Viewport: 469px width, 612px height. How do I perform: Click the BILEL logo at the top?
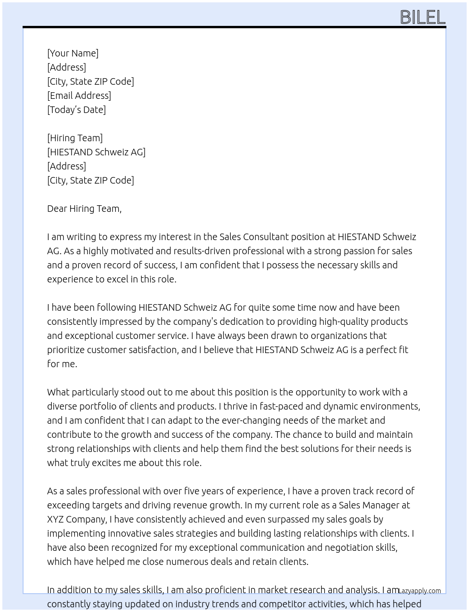[x=422, y=17]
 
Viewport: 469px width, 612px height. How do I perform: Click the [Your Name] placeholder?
[x=73, y=53]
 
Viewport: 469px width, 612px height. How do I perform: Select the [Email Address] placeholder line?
[x=79, y=96]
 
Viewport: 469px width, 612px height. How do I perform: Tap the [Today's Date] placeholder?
[x=76, y=110]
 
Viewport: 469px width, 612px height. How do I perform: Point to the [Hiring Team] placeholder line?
[x=75, y=138]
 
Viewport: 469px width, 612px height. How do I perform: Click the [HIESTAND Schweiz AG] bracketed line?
[x=96, y=152]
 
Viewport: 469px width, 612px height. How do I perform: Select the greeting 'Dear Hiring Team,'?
[x=84, y=209]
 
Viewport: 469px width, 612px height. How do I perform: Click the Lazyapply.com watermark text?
[x=420, y=591]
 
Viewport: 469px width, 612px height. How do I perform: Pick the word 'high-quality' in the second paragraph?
[x=343, y=322]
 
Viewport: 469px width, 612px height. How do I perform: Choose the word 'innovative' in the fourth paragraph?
[x=132, y=533]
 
